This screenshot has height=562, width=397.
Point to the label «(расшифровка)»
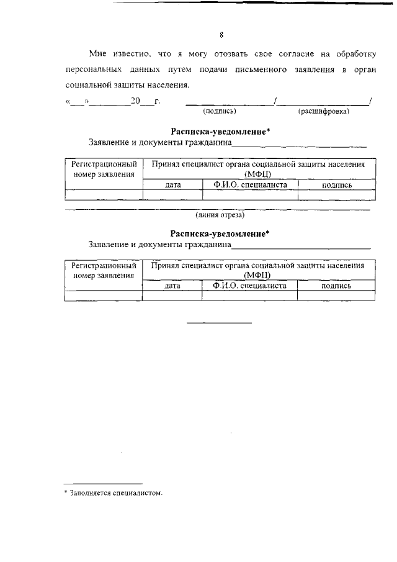tap(324, 112)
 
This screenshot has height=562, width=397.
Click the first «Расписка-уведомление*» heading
tap(220, 132)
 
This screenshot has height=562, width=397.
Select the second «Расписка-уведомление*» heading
tap(220, 234)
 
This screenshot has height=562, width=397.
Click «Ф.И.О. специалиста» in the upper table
tap(249, 184)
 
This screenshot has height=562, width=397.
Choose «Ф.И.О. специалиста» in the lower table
tap(249, 286)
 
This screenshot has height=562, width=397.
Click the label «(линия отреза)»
tap(220, 215)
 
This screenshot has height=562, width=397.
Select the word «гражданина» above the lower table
tap(208, 245)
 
